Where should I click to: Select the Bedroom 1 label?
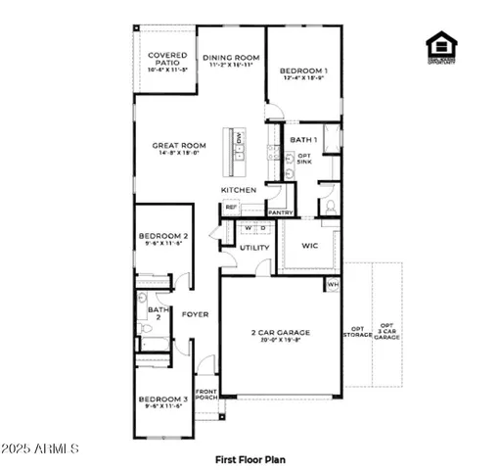pos(303,71)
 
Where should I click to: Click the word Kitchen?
pos(239,190)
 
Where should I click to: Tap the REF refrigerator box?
pos(232,208)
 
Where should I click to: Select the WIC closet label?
pos(310,246)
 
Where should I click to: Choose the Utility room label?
pos(254,248)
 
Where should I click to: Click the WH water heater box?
pos(332,285)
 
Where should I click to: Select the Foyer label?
pos(192,314)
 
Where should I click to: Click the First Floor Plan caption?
pos(250,457)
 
